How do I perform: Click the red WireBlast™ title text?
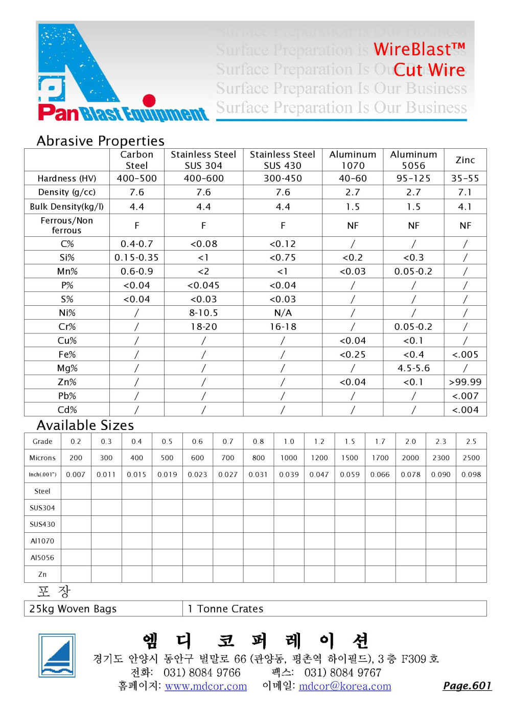tap(419, 49)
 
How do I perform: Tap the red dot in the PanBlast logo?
tap(149, 100)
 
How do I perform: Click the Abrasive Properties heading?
tap(101, 141)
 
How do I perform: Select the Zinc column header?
tap(465, 160)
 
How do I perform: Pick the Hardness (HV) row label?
tap(67, 178)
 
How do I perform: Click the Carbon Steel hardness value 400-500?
tap(137, 178)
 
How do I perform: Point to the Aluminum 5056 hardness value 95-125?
tap(413, 178)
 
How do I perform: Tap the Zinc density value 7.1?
tap(465, 192)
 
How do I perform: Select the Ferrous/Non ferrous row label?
tap(67, 225)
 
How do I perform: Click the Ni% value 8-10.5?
tap(203, 313)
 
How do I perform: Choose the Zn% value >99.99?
tap(465, 382)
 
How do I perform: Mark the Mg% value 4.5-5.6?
tap(413, 368)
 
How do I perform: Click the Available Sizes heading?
tap(85, 425)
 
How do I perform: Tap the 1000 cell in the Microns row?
tap(289, 458)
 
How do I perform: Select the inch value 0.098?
tap(471, 475)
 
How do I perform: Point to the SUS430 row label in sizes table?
tap(42, 525)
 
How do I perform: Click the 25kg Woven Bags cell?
tap(73, 608)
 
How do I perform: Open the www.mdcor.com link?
tap(206, 686)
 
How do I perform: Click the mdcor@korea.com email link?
tap(345, 686)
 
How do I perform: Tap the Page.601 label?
tap(467, 686)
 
